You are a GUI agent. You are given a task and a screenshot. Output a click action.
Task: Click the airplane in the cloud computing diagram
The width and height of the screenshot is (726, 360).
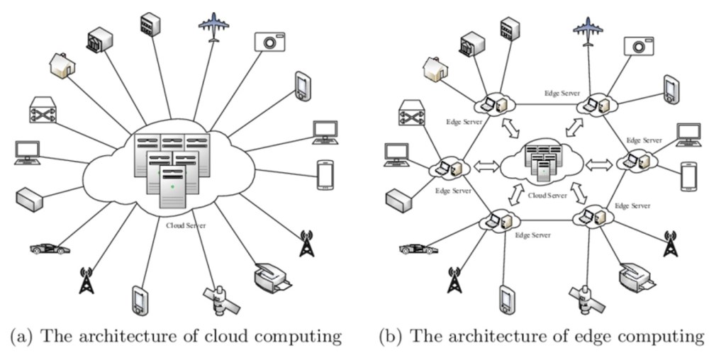213,28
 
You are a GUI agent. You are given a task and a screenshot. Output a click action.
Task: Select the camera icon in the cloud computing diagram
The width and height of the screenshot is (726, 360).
269,41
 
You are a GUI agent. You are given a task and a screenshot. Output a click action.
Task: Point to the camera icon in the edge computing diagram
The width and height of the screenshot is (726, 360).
638,45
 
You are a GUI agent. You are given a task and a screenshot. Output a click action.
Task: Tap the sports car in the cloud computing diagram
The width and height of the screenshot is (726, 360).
50,249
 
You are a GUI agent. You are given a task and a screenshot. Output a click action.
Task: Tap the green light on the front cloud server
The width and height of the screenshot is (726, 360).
172,186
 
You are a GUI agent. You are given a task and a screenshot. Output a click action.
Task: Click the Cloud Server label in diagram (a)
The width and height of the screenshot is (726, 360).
186,225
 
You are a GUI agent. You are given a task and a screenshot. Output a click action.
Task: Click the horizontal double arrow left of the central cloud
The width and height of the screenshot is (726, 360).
486,167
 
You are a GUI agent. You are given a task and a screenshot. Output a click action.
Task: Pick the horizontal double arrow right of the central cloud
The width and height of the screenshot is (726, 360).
599,164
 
